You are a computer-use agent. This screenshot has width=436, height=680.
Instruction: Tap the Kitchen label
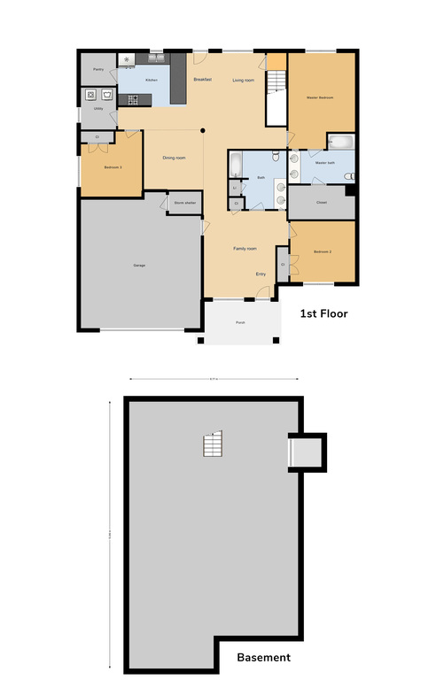(x=152, y=81)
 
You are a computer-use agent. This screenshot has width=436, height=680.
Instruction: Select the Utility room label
(x=98, y=109)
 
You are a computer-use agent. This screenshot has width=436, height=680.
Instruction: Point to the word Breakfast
(x=203, y=81)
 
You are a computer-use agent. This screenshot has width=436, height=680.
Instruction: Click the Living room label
(x=244, y=81)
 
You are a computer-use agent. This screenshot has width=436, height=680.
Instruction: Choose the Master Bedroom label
(x=320, y=97)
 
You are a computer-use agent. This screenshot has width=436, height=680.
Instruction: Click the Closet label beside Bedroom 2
(x=284, y=265)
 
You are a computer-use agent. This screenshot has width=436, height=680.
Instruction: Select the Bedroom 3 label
(x=113, y=167)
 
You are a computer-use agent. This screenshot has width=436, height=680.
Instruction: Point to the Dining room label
(x=174, y=158)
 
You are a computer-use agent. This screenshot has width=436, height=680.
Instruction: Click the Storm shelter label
(x=184, y=203)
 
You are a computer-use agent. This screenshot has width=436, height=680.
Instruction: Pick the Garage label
(x=139, y=266)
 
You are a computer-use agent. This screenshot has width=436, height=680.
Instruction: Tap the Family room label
(x=245, y=250)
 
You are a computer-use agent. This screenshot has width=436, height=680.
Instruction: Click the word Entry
(x=261, y=274)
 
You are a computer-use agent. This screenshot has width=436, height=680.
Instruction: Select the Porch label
(x=240, y=322)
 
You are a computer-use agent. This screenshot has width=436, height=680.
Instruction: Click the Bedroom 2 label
(x=323, y=252)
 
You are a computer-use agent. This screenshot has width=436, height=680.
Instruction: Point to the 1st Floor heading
(x=323, y=313)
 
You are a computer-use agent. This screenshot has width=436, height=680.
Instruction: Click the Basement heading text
(x=263, y=657)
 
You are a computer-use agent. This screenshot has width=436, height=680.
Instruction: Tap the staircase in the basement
(x=212, y=445)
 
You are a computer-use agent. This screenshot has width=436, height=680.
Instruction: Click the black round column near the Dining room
(x=203, y=131)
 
